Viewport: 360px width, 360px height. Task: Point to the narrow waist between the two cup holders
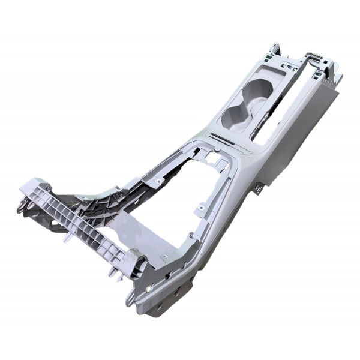tap(249, 103)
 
